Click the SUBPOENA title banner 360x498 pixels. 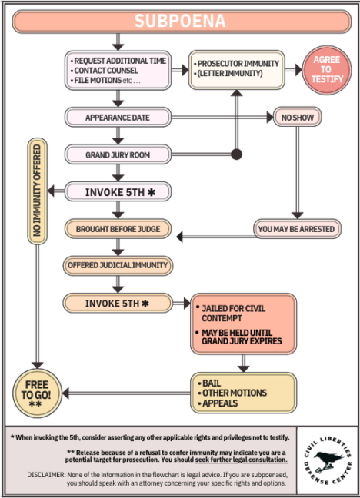pos(182,22)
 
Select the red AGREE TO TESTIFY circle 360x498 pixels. pos(327,70)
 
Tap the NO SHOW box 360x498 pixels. pos(298,117)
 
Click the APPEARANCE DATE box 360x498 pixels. pos(118,117)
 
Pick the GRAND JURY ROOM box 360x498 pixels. pos(118,154)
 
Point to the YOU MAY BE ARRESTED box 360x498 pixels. pos(297,229)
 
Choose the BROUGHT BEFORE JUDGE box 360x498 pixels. pos(118,229)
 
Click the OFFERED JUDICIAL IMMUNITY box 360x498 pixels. pos(118,265)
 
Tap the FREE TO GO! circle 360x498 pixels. pos(37,393)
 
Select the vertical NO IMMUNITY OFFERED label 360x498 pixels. pos(37,191)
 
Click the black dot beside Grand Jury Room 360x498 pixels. pos(236,154)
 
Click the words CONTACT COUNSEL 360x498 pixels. pos(106,71)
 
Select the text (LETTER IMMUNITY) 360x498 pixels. pos(230,73)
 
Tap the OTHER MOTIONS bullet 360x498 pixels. pos(235,393)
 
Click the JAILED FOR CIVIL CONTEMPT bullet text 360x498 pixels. pos(233,313)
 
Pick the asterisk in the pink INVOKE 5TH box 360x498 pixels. pos(152,192)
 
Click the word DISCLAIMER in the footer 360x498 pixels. pos(46,475)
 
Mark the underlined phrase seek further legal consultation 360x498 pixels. pos(241,460)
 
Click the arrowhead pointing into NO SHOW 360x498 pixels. pos(270,117)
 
